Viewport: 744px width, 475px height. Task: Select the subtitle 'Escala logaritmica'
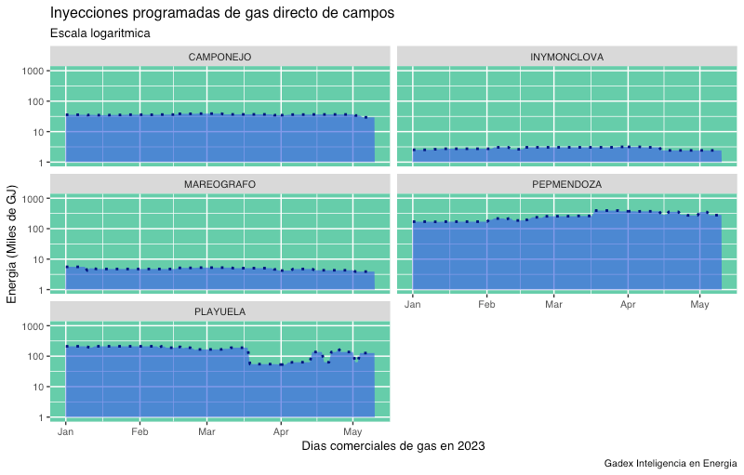coord(100,33)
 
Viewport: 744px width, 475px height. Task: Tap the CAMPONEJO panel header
coord(219,57)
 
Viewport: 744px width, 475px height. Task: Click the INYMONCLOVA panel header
coord(566,57)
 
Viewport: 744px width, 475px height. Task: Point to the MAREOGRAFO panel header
coord(219,184)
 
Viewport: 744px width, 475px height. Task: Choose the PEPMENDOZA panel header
coord(566,184)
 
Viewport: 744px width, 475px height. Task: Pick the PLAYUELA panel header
coord(219,311)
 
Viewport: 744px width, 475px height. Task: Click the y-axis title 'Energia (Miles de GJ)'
coord(12,245)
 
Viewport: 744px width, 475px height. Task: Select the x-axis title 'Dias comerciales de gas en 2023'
coord(393,446)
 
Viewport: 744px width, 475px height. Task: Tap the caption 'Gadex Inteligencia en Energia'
coord(670,463)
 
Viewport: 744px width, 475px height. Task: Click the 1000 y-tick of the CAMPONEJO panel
coord(33,72)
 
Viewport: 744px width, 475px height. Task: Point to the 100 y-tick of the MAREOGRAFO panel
coord(36,229)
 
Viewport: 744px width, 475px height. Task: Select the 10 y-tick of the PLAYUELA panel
coord(38,387)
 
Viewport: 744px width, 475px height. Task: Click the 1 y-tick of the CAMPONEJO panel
coord(41,163)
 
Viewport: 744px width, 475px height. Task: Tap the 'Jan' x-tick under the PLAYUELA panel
coord(66,432)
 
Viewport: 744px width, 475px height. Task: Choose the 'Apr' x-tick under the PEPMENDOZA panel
coord(628,305)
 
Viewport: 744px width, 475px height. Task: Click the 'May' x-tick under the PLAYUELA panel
coord(352,432)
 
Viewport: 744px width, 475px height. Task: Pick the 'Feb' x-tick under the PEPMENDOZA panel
coord(486,305)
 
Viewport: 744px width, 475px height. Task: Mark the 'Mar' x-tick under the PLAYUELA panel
coord(206,432)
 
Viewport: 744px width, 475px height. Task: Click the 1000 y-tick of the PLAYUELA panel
coord(33,326)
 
